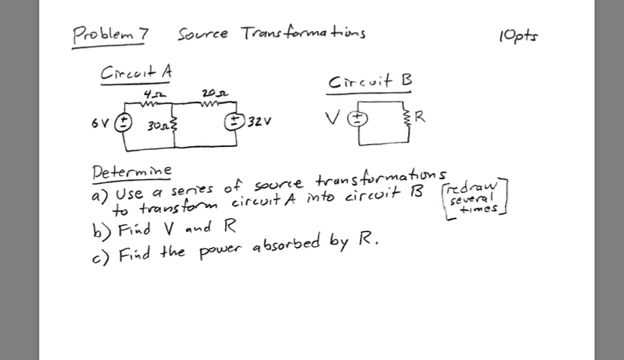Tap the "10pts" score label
519,35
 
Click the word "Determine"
131,171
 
